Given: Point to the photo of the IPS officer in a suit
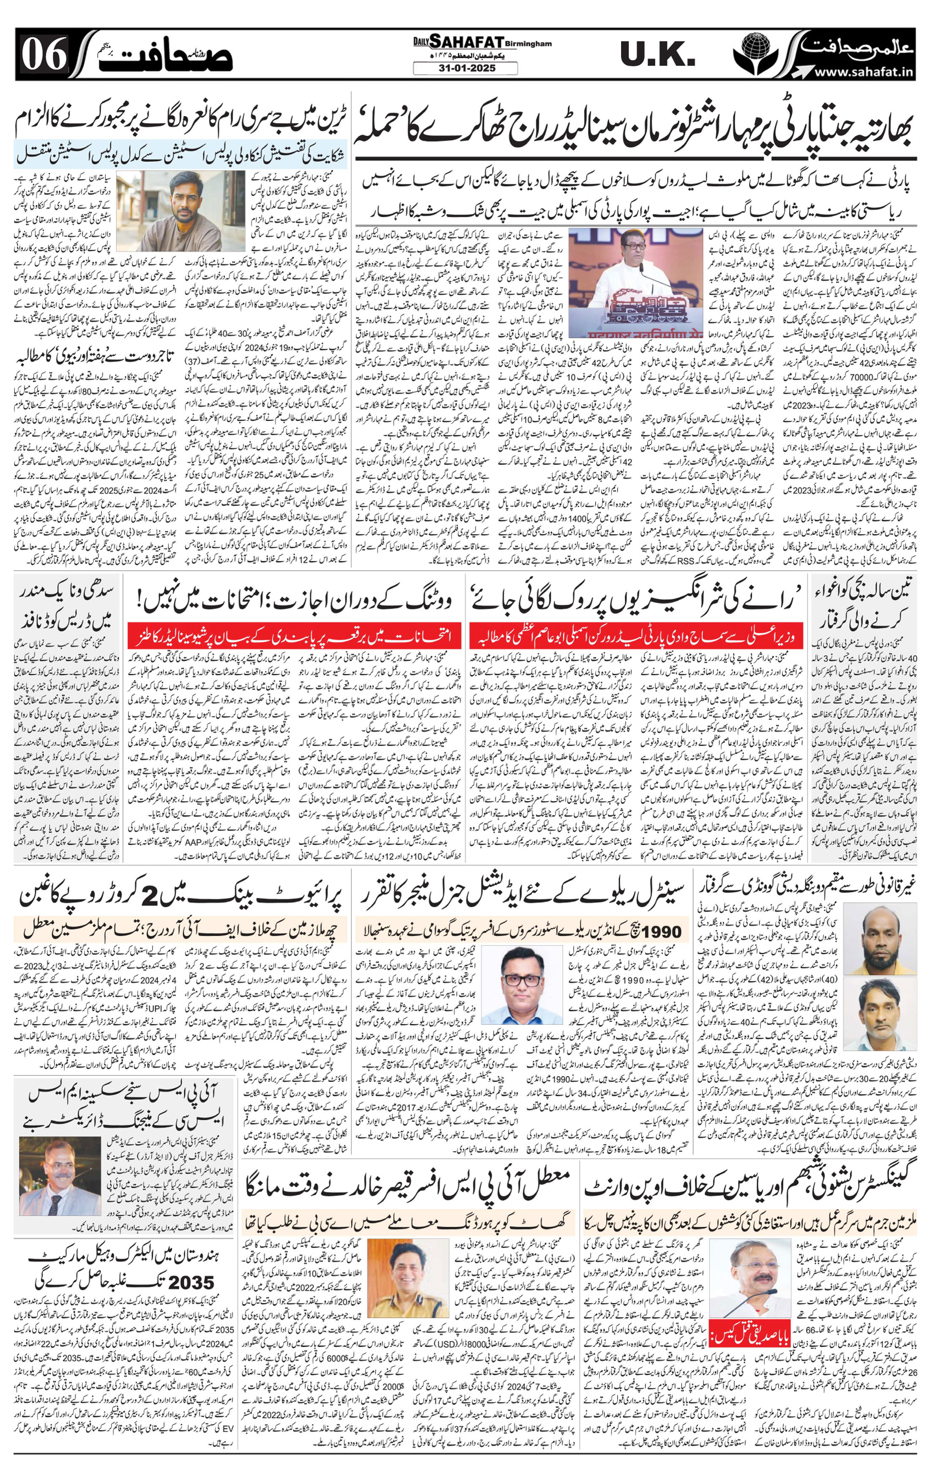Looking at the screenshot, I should coord(60,1175).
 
